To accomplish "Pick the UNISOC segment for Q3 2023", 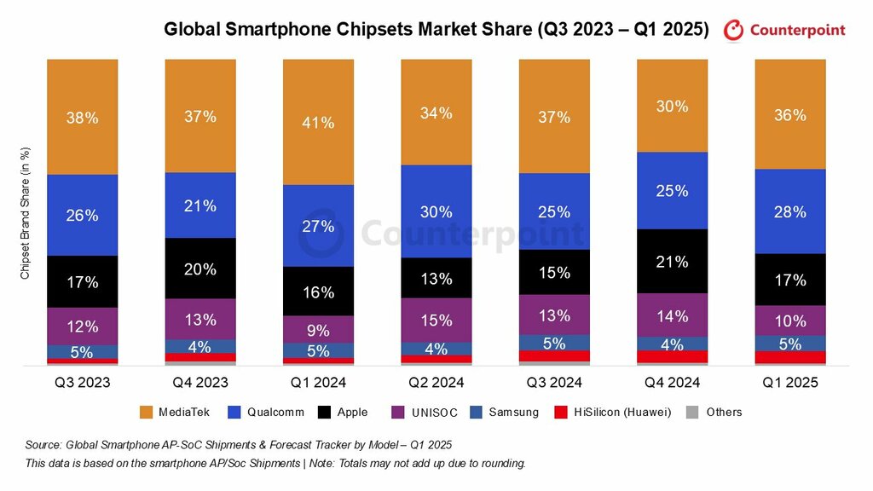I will tap(82, 326).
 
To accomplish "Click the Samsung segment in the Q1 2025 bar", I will tap(790, 343).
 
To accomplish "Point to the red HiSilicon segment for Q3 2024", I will tap(554, 355).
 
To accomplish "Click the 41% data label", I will tap(318, 123).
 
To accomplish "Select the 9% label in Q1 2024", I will tap(318, 328).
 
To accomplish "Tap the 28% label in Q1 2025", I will tap(790, 212).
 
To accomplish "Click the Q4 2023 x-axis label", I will tap(199, 383).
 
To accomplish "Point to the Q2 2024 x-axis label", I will tap(436, 383).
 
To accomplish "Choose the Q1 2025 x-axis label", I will tap(790, 383).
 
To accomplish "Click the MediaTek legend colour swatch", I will tap(146, 413).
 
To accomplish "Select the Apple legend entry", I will tap(352, 413).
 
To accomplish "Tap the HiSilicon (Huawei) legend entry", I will tap(622, 413).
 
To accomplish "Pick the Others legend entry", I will tap(724, 413).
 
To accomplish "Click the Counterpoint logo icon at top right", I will tap(733, 31).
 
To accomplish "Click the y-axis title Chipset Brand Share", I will tap(26, 213).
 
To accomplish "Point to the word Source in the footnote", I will tap(43, 445).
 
